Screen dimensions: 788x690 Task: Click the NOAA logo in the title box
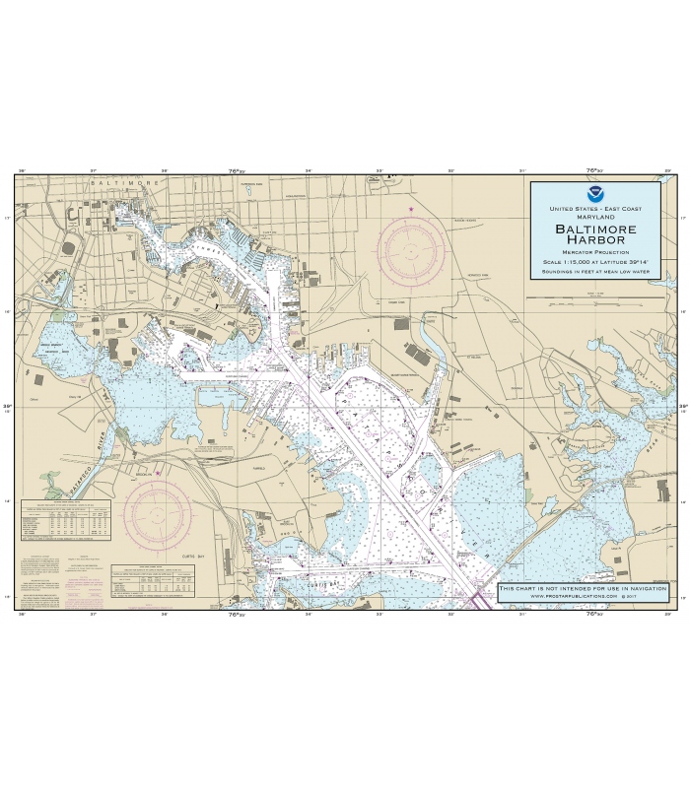point(594,194)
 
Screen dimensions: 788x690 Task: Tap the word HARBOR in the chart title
point(594,242)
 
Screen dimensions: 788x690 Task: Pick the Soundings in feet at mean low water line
point(594,270)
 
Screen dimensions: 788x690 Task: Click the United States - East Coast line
point(594,209)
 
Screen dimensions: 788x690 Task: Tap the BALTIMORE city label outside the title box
point(124,183)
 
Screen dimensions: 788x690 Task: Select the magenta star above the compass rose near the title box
point(412,208)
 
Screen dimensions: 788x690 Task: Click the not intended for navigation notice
point(583,588)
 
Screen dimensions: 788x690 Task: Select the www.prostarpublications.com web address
point(583,597)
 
